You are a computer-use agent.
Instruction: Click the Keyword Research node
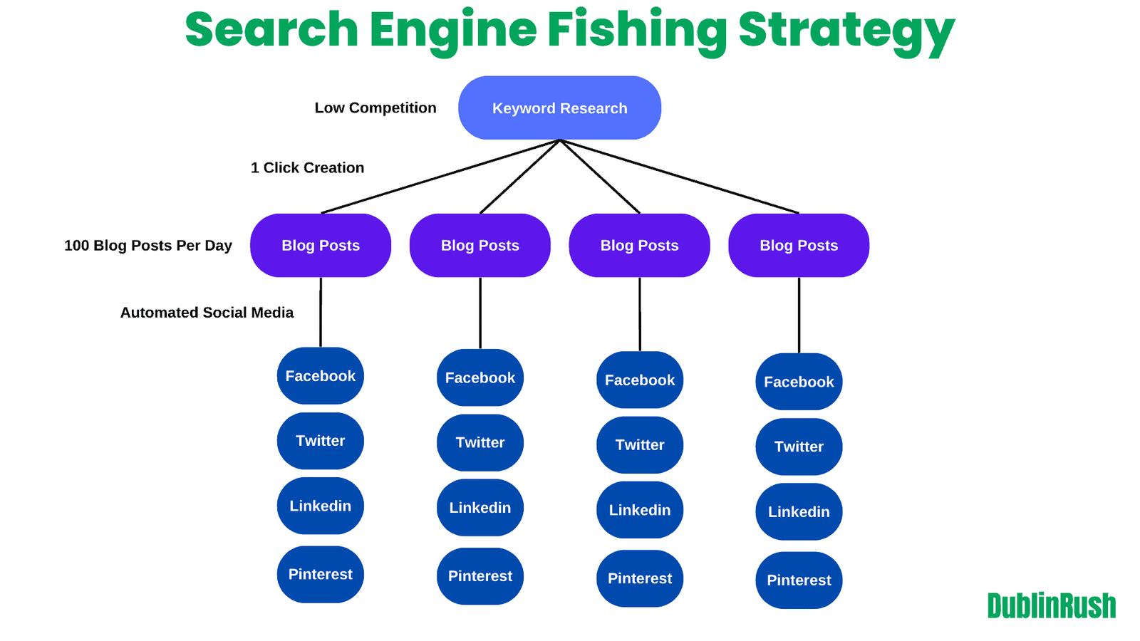click(x=559, y=108)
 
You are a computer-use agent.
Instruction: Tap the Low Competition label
click(x=375, y=108)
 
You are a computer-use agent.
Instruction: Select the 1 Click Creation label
click(x=307, y=168)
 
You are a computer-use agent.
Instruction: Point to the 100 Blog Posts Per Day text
click(x=148, y=246)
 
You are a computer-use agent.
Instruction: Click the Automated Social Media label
click(x=207, y=313)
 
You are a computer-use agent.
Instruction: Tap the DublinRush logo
click(x=1052, y=606)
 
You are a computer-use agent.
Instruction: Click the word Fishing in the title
click(x=637, y=30)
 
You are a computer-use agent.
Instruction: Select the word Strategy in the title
click(x=846, y=30)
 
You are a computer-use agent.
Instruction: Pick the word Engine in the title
click(x=452, y=30)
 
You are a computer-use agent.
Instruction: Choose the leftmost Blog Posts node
click(x=321, y=246)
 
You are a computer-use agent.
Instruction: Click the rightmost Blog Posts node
click(x=799, y=246)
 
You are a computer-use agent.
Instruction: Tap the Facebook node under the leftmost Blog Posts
click(x=321, y=376)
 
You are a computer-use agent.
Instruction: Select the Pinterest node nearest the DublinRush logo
click(x=799, y=580)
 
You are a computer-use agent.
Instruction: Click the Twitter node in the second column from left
click(x=480, y=443)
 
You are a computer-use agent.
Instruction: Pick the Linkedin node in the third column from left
click(x=640, y=510)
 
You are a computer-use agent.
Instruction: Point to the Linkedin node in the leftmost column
click(x=321, y=506)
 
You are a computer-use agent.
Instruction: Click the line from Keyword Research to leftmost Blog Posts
click(x=440, y=177)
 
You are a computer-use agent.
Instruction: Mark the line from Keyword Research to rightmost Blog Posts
click(x=680, y=177)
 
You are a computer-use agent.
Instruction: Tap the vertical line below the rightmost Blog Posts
click(x=799, y=315)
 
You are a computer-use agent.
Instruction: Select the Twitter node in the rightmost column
click(x=799, y=447)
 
